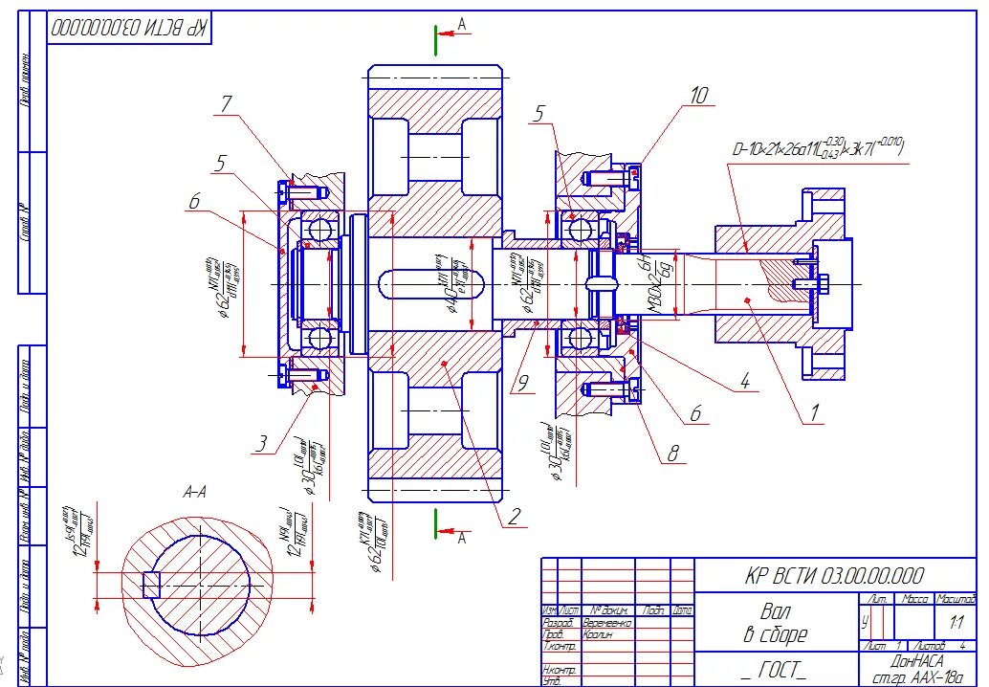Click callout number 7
(x=226, y=104)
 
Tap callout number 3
(x=261, y=444)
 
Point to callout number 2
(x=514, y=518)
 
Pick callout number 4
(x=743, y=384)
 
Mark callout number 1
(x=815, y=413)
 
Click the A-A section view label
(x=195, y=492)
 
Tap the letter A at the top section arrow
(x=462, y=23)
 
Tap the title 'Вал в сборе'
(x=777, y=621)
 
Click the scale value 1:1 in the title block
(x=956, y=622)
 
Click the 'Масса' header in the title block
(x=916, y=599)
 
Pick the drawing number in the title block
(x=834, y=575)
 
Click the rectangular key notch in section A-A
(x=149, y=583)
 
